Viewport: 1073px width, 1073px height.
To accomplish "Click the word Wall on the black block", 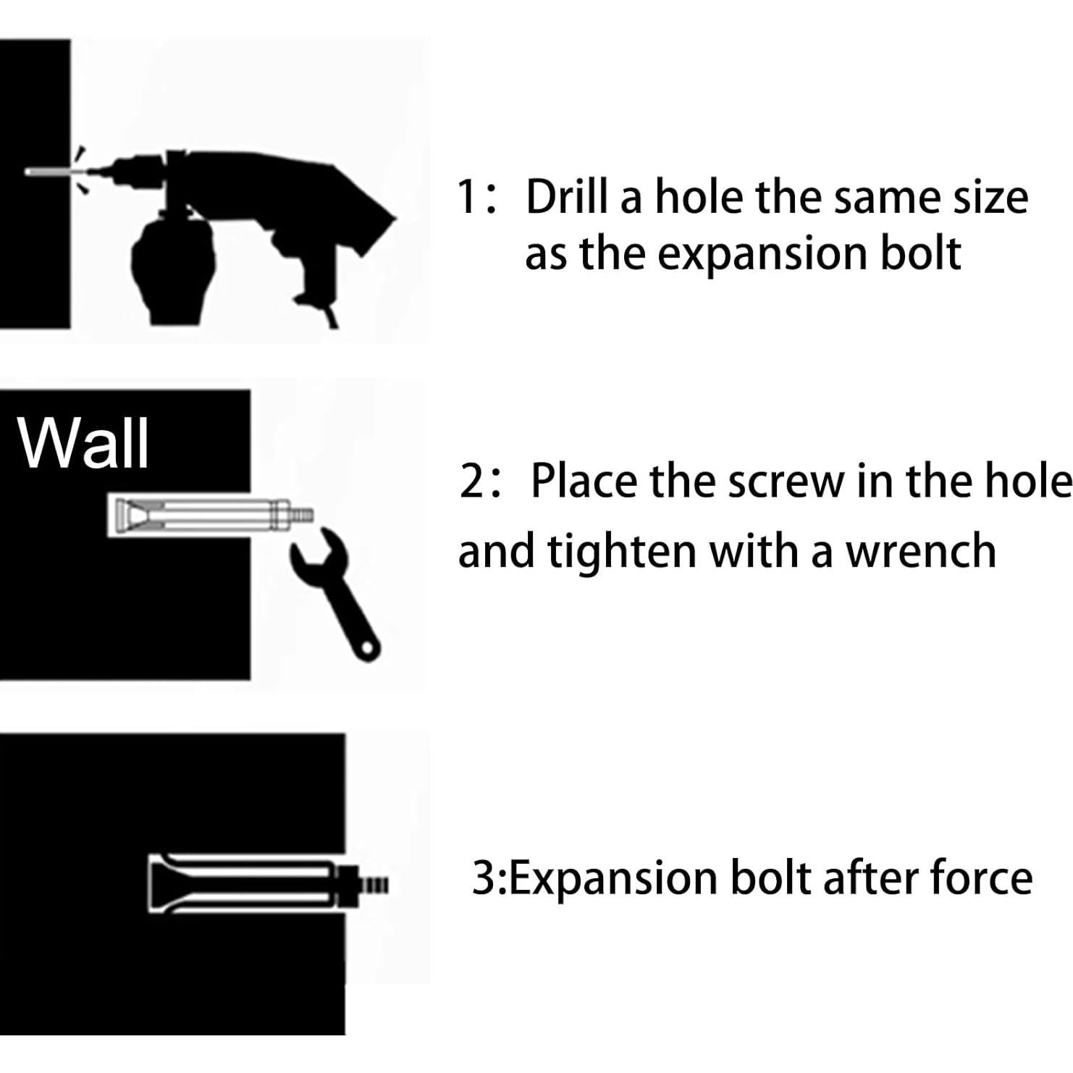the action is [x=84, y=443].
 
